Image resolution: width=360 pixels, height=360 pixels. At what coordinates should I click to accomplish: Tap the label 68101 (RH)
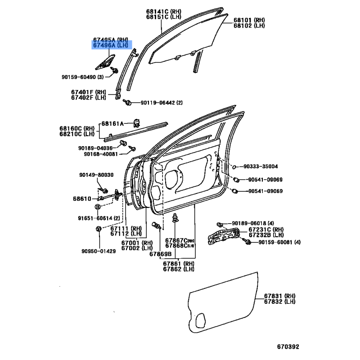click(x=249, y=20)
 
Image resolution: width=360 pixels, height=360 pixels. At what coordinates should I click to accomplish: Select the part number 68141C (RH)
click(x=164, y=11)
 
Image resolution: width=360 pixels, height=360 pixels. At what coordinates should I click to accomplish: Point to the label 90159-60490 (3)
click(x=83, y=77)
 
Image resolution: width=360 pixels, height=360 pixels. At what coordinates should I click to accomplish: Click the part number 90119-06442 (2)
click(x=162, y=103)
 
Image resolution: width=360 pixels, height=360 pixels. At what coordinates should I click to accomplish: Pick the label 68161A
click(x=112, y=124)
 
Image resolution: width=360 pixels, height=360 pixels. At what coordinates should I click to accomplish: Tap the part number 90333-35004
click(x=261, y=166)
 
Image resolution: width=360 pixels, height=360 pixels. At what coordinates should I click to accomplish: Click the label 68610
click(x=82, y=198)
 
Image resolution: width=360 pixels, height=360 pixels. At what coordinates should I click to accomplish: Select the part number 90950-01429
click(x=99, y=251)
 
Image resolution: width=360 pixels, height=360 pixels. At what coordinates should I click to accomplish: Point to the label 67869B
click(x=161, y=254)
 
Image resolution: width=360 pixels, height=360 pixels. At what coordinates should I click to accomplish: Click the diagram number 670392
click(x=288, y=346)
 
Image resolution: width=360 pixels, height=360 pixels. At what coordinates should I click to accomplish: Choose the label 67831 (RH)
click(x=279, y=296)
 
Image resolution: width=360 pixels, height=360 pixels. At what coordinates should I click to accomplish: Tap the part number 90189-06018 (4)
click(x=253, y=223)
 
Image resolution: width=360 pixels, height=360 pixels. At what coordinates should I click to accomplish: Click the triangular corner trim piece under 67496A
click(x=105, y=62)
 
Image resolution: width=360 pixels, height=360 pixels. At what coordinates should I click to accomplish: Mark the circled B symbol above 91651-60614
click(x=98, y=207)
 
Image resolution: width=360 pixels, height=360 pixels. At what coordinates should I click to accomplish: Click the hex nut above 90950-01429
click(x=99, y=229)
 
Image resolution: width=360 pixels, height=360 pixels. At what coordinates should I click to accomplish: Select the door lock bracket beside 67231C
click(x=224, y=236)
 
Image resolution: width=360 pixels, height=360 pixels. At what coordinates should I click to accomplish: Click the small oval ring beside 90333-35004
click(x=234, y=167)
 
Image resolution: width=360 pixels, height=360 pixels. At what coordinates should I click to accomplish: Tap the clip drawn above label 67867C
click(x=175, y=218)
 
